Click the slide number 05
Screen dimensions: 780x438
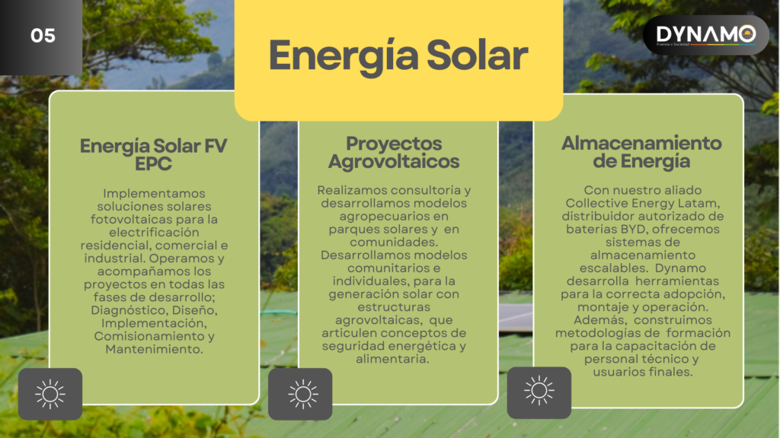pos(43,36)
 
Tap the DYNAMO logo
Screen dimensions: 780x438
pos(706,35)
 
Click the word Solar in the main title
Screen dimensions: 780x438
pos(477,56)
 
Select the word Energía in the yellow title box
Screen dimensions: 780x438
pos(344,56)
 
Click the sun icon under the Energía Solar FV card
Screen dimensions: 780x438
pos(50,395)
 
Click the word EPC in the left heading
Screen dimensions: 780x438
pos(153,163)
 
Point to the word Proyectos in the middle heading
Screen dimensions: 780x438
pos(394,144)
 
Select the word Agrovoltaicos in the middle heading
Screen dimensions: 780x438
pos(394,162)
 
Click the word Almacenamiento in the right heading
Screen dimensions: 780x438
pos(641,143)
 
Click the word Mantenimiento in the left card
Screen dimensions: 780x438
pos(154,349)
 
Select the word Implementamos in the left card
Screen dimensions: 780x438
pos(154,194)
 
